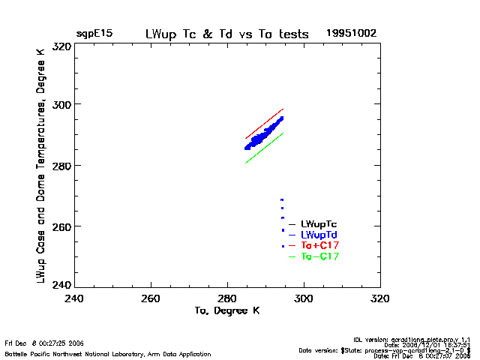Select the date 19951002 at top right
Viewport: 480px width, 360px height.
pos(351,34)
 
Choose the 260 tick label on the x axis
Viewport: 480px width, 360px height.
pos(151,298)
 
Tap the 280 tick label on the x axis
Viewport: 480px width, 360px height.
pos(228,298)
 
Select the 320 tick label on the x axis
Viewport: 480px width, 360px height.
pos(380,298)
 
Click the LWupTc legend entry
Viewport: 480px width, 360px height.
pos(319,224)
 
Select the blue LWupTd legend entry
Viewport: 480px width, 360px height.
pos(319,235)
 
